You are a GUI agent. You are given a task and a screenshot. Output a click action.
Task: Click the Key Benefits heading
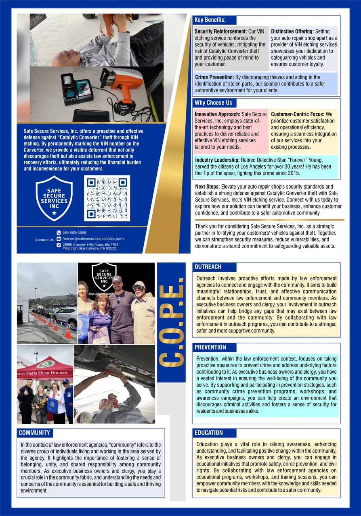pos(210,20)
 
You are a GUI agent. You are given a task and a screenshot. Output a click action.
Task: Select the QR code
pos(107,198)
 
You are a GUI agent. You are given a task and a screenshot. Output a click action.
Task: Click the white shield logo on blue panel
pos(54,198)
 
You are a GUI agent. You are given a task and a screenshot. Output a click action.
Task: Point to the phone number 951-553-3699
pos(74,233)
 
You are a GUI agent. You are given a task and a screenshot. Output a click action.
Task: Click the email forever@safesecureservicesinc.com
pos(93,239)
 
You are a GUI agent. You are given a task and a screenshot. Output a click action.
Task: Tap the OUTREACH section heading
pos(208,267)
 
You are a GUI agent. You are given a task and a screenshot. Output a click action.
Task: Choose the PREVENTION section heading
pos(210,347)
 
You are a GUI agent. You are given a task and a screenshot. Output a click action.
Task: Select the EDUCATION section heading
pos(209,433)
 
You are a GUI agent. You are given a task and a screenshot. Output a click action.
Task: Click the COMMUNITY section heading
pos(34,433)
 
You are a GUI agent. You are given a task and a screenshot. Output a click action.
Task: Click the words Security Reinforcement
pos(220,31)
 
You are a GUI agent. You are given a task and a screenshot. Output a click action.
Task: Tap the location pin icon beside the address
pos(59,245)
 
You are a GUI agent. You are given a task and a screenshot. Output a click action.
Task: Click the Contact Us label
pos(44,240)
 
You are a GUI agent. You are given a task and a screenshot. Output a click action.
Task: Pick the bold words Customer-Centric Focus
pos(297,114)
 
